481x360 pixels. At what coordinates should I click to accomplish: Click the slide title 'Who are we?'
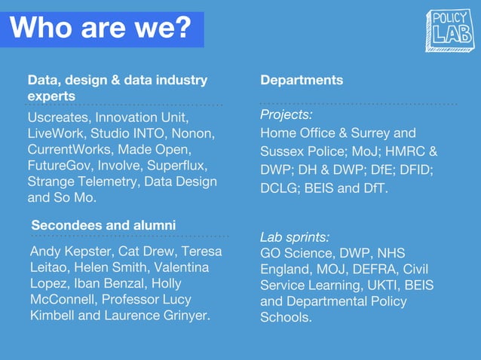point(101,29)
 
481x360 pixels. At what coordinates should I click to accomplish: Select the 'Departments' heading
point(302,80)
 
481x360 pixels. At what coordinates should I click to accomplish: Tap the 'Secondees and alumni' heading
point(103,225)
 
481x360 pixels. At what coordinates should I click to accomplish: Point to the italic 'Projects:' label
point(286,114)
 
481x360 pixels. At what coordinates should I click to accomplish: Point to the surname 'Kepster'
point(88,252)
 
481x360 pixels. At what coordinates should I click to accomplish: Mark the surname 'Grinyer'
point(185,315)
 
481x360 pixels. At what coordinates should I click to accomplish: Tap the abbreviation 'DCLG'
point(278,188)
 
